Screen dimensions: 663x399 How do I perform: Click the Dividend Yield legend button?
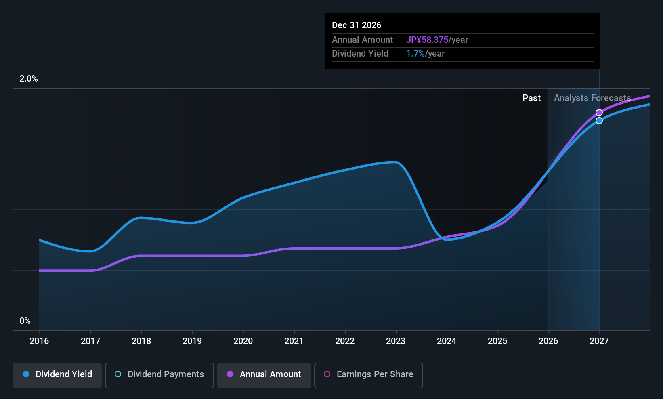(57, 375)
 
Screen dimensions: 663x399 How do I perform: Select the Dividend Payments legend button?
(159, 375)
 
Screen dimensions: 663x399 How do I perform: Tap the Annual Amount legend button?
(264, 375)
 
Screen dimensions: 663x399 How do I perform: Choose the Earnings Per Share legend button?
(369, 375)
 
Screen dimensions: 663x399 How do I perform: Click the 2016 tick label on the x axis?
(39, 341)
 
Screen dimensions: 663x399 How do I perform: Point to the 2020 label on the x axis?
(243, 341)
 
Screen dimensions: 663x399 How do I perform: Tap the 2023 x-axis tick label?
(396, 341)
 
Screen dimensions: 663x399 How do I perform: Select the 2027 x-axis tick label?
(599, 341)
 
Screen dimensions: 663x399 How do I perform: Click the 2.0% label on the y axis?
(29, 79)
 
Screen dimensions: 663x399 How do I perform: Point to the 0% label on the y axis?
(25, 321)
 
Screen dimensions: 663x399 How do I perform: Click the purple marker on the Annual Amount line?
(599, 113)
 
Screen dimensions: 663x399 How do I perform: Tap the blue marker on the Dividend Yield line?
(599, 120)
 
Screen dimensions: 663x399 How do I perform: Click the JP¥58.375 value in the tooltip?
(427, 40)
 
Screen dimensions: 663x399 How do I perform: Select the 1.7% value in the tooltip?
(415, 54)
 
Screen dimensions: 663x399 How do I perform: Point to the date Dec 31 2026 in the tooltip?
(357, 25)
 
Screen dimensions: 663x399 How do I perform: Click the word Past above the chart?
(532, 98)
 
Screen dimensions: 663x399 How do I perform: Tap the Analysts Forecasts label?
(592, 98)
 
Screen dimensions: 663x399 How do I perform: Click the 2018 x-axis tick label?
(141, 341)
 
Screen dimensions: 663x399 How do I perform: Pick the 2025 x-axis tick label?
(497, 341)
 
